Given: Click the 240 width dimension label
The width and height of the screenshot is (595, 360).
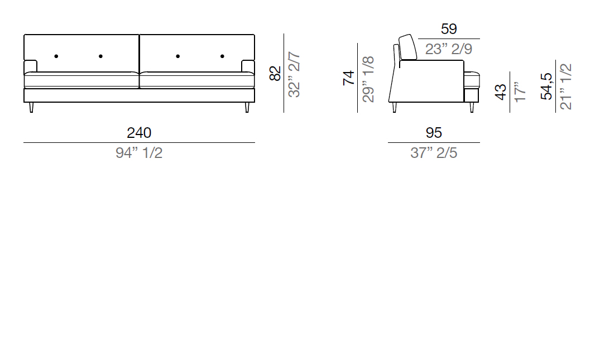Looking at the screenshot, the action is tap(139, 133).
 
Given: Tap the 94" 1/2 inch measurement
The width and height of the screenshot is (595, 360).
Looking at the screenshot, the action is tap(139, 153).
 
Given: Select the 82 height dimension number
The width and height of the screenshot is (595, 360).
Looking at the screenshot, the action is tap(276, 73).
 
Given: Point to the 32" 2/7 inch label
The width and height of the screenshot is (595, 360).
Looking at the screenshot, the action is tap(295, 75).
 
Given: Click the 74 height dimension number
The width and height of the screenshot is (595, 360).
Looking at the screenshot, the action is tap(349, 78).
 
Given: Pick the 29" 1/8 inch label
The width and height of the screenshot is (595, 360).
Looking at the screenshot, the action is tap(368, 79).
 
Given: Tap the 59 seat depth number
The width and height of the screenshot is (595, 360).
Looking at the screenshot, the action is tap(449, 29).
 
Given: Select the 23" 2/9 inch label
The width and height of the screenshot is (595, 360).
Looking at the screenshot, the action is tap(449, 49).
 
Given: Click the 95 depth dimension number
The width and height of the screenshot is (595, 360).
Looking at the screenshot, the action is tap(434, 133).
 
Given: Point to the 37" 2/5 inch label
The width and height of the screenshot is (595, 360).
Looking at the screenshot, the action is tap(434, 153).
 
